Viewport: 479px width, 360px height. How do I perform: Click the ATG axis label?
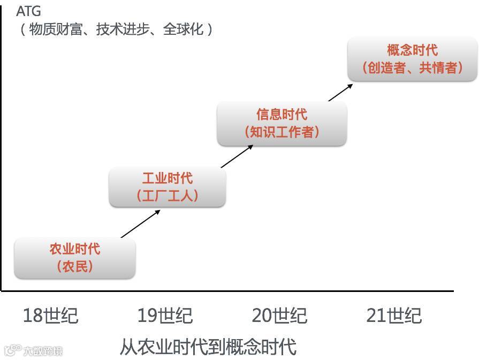[x=28, y=11]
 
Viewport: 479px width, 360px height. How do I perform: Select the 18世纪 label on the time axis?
[x=50, y=316]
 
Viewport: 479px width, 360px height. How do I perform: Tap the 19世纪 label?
[x=165, y=316]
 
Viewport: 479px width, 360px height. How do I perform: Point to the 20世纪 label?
[x=279, y=316]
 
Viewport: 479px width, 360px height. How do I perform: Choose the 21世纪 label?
[x=394, y=316]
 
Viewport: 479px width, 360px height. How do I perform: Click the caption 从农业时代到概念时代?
[x=208, y=347]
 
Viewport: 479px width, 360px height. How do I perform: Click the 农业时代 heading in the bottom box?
[x=75, y=249]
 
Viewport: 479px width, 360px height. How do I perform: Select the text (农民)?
[x=75, y=266]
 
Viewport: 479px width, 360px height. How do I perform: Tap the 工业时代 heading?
[x=167, y=178]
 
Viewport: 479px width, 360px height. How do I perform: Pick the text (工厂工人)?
[x=167, y=195]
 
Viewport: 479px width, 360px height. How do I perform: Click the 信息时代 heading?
[x=282, y=115]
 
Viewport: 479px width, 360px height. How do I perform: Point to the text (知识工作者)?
[x=282, y=132]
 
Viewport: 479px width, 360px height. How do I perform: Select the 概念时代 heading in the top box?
[x=412, y=50]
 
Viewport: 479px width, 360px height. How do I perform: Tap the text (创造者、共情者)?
[x=412, y=67]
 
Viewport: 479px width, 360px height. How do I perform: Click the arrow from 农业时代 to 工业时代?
[x=140, y=224]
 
